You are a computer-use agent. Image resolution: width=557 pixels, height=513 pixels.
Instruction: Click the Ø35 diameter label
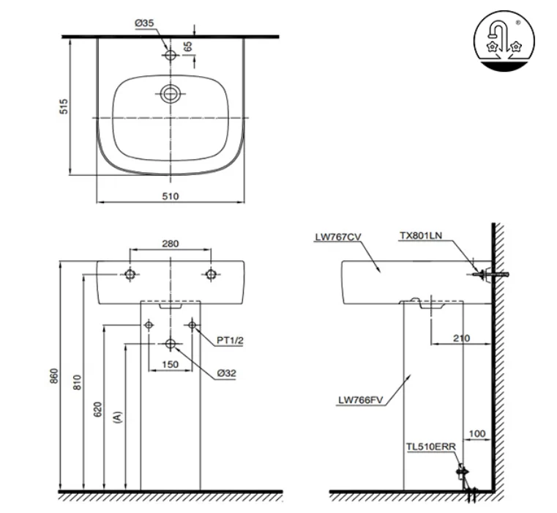[x=144, y=23]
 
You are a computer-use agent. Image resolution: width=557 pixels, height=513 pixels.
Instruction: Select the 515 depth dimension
[x=64, y=106]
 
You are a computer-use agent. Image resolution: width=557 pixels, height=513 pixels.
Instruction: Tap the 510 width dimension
[x=171, y=196]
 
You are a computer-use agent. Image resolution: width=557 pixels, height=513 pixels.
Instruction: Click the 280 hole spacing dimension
[x=171, y=244]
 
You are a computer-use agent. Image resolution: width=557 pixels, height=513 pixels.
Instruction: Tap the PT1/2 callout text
[x=230, y=341]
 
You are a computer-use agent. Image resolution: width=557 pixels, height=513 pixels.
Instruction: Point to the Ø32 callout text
[x=225, y=373]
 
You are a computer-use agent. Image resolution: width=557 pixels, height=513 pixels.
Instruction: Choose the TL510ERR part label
[x=432, y=445]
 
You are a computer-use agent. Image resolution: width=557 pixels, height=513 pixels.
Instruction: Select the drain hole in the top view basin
[x=171, y=94]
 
